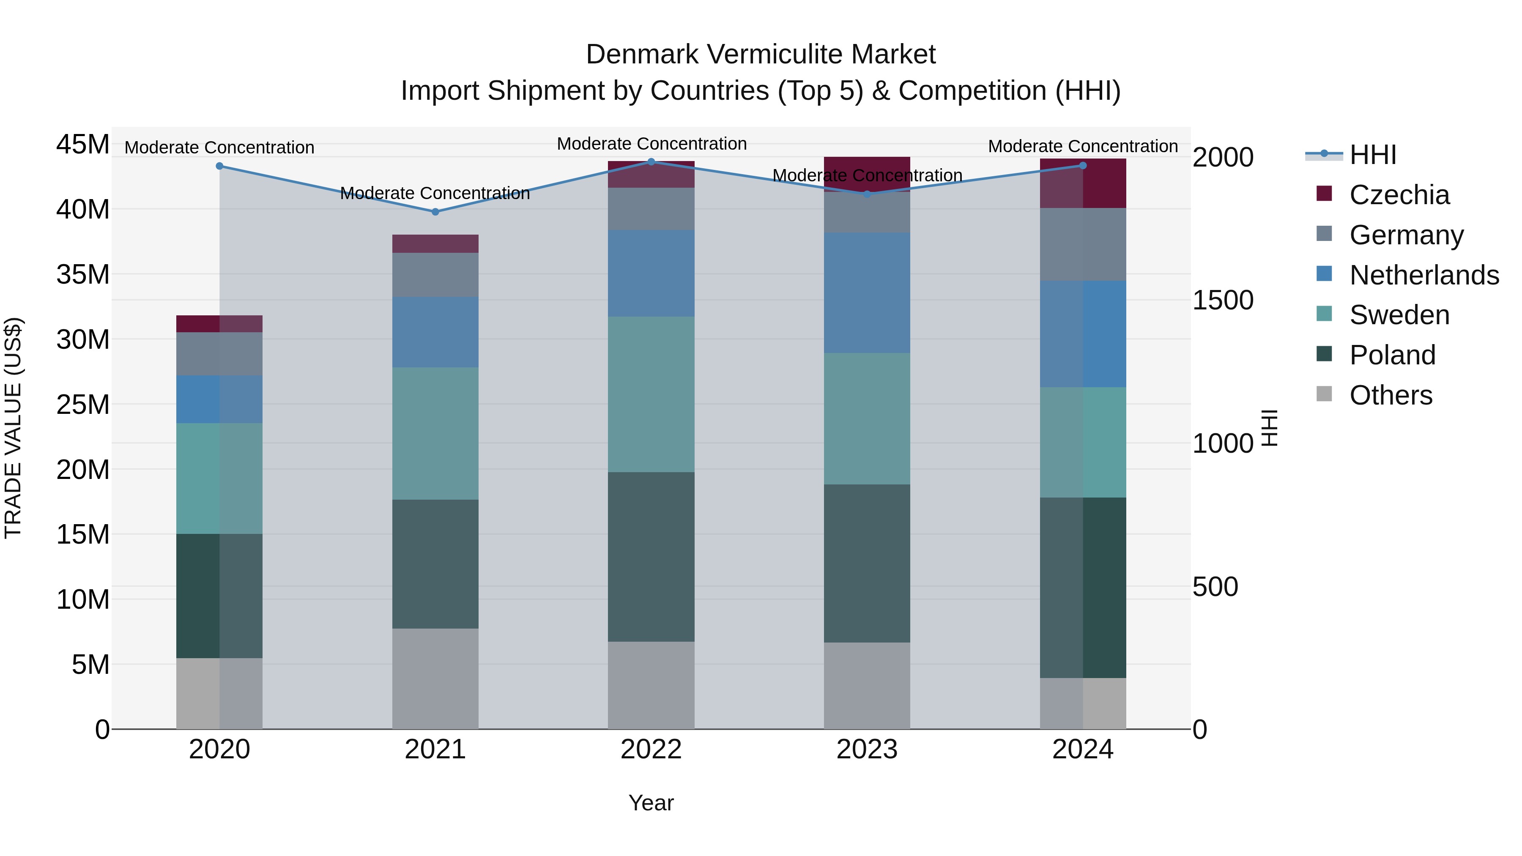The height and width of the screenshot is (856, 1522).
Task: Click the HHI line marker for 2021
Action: [435, 211]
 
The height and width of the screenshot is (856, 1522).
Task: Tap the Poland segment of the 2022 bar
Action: [651, 556]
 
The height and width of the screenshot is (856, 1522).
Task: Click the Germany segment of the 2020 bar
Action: [219, 353]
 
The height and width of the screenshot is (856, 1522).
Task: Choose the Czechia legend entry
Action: [1399, 195]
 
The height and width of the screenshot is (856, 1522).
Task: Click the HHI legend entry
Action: [1372, 155]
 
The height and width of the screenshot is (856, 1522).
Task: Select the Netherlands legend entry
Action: [1423, 275]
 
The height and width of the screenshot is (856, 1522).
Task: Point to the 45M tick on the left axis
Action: [83, 144]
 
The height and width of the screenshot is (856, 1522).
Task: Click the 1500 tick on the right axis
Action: [1222, 300]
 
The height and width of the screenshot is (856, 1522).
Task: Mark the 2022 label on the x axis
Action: [651, 749]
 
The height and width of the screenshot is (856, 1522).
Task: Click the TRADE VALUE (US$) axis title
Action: [13, 428]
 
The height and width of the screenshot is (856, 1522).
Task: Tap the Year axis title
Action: [651, 803]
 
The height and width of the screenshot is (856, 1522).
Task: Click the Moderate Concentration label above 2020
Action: [219, 147]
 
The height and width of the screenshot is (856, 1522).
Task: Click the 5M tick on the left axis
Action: [90, 665]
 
